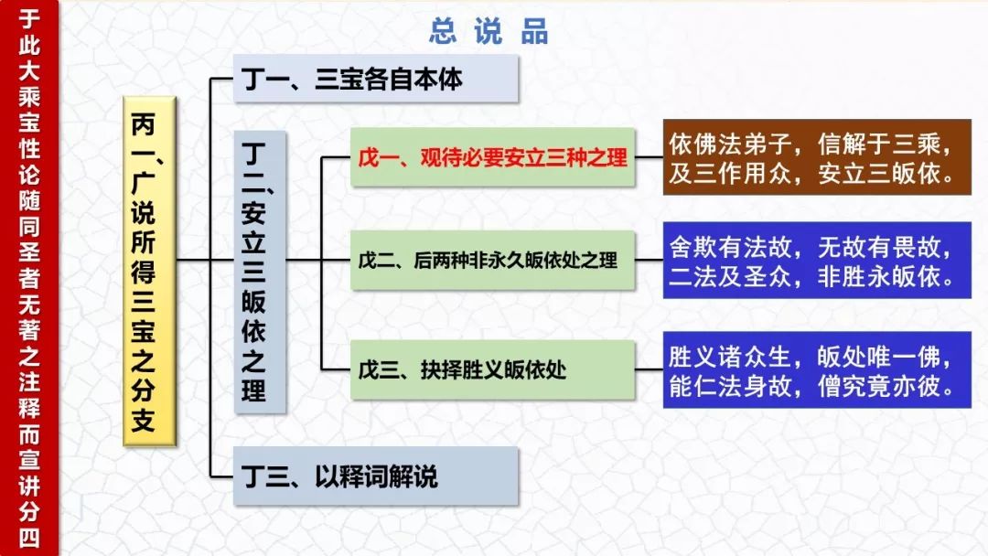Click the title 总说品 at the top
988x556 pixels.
[489, 31]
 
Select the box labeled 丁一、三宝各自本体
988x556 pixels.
[376, 79]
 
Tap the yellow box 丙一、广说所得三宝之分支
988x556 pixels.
[149, 272]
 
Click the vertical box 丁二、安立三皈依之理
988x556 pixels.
[260, 272]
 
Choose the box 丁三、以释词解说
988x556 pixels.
[376, 476]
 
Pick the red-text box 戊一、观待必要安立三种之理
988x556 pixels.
[493, 157]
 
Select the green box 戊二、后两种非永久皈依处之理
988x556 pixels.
[493, 260]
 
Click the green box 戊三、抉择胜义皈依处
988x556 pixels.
[493, 369]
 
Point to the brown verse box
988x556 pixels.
[817, 157]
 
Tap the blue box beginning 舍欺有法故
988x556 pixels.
[817, 260]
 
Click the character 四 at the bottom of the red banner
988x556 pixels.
[29, 538]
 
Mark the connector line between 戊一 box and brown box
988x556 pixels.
[649, 157]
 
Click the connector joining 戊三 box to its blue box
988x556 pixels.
[649, 369]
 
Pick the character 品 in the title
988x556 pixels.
[534, 31]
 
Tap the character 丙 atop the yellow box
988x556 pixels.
[143, 124]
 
